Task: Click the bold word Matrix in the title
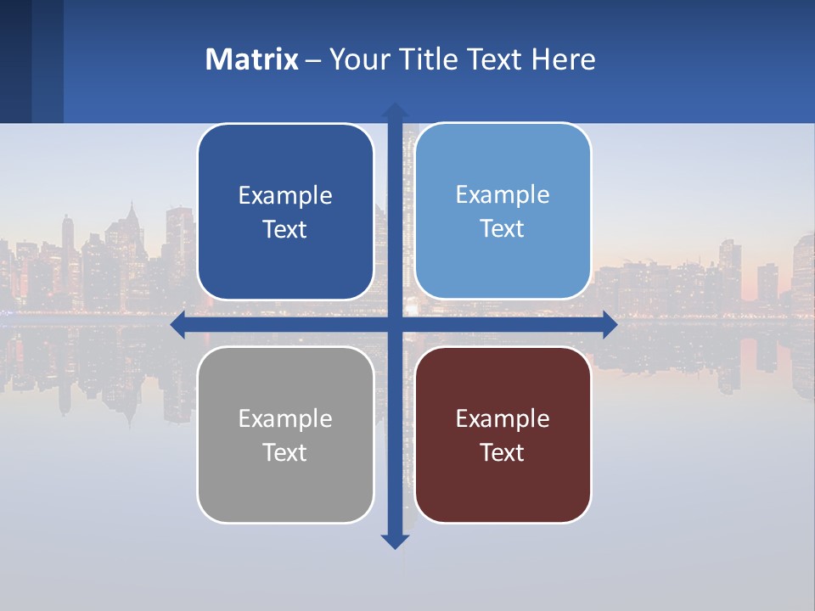(251, 59)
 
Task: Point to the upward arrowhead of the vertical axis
(395, 110)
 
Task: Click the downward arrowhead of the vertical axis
(395, 541)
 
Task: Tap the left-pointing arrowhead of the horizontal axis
(178, 325)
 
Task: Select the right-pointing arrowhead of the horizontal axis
(610, 325)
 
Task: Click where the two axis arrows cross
(395, 325)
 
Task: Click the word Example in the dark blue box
(285, 196)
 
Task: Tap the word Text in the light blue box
(503, 229)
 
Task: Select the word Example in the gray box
(285, 419)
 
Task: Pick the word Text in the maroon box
(503, 453)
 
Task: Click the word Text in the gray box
(285, 453)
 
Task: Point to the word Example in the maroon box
(503, 419)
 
